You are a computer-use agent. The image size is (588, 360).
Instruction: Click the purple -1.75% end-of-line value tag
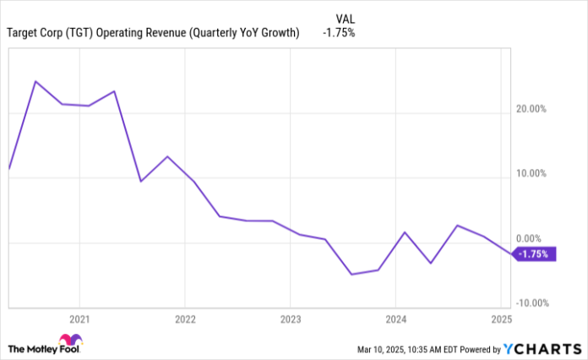[x=535, y=254]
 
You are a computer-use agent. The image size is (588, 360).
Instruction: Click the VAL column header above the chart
[x=346, y=17]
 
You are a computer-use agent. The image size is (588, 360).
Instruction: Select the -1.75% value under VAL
[x=338, y=33]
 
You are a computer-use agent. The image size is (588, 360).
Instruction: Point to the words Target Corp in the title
[x=35, y=33]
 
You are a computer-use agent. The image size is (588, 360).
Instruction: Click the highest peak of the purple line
[x=35, y=81]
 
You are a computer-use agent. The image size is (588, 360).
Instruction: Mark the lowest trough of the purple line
[x=351, y=275]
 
